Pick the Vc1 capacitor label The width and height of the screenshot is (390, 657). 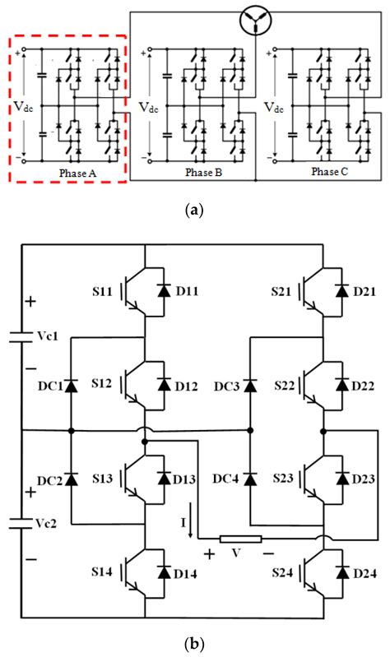43,337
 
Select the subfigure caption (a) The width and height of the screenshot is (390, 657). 194,211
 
